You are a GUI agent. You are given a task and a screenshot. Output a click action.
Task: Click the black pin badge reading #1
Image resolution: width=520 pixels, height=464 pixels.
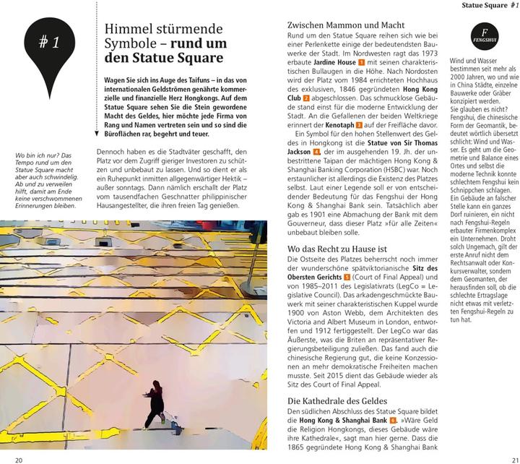49,45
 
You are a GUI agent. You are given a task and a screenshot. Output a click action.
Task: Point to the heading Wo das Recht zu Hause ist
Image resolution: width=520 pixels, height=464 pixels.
338,249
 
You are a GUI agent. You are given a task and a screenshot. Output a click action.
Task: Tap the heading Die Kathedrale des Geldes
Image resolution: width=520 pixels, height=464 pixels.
337,400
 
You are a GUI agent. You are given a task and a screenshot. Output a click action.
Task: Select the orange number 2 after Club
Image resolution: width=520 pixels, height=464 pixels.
306,98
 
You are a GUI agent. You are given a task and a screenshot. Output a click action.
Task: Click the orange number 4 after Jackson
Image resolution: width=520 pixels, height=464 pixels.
316,152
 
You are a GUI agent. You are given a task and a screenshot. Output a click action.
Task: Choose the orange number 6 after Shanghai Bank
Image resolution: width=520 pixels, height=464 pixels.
393,420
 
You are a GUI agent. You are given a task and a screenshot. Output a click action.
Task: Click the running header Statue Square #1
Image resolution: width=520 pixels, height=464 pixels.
489,7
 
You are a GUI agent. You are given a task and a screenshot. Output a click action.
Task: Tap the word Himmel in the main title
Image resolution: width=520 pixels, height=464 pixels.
127,30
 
